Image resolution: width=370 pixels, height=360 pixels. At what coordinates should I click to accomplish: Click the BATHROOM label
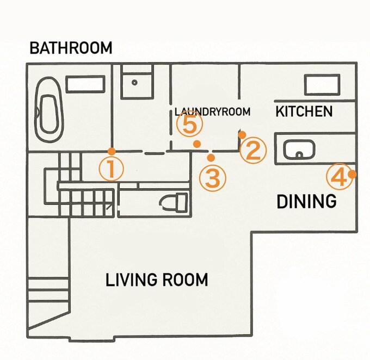pos(71,48)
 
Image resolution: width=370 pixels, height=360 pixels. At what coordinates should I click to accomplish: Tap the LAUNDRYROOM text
pos(212,111)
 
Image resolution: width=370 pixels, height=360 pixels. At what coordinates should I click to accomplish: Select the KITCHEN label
pos(304,111)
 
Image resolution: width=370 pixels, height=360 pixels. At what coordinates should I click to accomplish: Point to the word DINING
pos(306,201)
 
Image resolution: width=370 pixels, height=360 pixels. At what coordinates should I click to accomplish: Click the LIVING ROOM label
pos(157,280)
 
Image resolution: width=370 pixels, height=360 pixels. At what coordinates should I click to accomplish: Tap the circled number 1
pos(112,169)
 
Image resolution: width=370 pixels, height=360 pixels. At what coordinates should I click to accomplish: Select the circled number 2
pos(253,151)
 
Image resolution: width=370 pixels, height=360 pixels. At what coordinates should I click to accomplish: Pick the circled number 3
pos(213,178)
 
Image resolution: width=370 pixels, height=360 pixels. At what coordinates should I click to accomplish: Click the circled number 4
pos(340,176)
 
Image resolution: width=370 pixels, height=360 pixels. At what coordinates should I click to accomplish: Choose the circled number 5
pos(190,124)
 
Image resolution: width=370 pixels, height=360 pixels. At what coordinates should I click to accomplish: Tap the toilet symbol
pos(174,202)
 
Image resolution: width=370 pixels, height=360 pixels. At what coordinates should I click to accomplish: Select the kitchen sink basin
pos(299,150)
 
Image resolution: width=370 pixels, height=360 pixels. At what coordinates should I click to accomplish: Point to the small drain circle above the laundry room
pos(134,83)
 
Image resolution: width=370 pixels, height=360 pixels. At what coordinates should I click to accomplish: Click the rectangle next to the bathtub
pos(85,84)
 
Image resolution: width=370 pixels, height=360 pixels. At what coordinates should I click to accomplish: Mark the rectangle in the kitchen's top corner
pos(322,85)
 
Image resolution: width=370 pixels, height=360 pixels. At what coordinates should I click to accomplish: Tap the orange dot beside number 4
pos(352,175)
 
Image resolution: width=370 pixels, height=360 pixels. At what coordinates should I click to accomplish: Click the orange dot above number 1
pos(112,151)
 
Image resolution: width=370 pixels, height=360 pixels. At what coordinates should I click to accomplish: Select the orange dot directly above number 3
pos(211,157)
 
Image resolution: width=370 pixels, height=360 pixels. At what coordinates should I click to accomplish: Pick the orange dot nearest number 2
pos(242,135)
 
